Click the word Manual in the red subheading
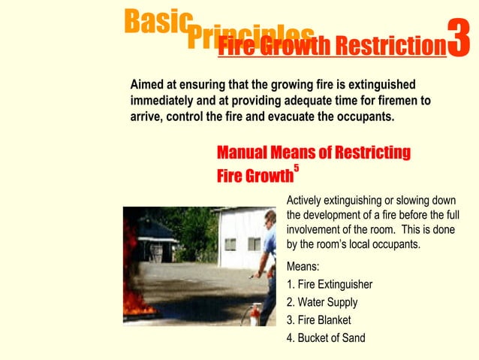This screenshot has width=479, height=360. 243,153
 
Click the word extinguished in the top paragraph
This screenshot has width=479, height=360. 380,84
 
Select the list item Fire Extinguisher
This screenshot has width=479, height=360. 330,284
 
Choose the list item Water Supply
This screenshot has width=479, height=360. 322,302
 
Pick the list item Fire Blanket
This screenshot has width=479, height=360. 319,319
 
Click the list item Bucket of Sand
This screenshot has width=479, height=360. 326,337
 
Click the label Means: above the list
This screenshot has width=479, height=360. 303,266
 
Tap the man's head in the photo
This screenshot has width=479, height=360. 270,218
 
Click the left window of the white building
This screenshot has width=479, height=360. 230,244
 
